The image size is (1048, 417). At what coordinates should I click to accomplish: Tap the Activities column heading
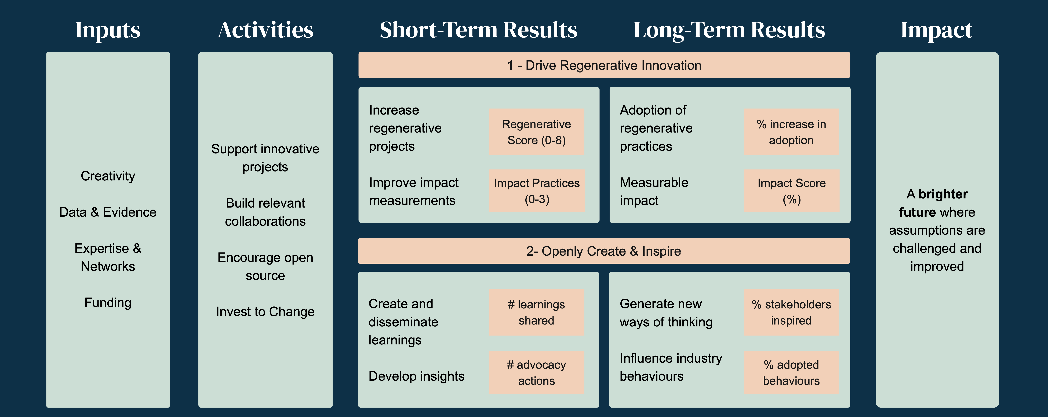pos(266,30)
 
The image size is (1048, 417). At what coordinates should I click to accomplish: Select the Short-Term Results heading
pos(478,30)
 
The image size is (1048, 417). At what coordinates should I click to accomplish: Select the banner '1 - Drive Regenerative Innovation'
pos(604,65)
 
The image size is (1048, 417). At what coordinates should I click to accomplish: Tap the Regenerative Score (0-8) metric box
pos(537,132)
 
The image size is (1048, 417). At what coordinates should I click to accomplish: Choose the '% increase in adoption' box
pos(792,132)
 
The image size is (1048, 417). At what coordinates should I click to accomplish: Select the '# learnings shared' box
pos(537,312)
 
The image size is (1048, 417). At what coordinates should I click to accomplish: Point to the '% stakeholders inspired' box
pos(792,312)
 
